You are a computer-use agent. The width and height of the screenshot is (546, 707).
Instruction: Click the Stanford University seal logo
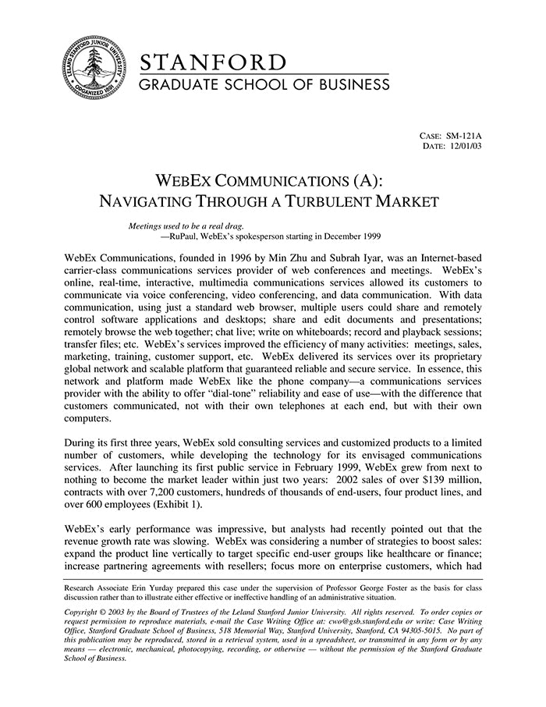pyautogui.click(x=94, y=66)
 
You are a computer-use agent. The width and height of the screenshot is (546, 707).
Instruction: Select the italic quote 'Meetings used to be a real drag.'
pyautogui.click(x=181, y=226)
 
